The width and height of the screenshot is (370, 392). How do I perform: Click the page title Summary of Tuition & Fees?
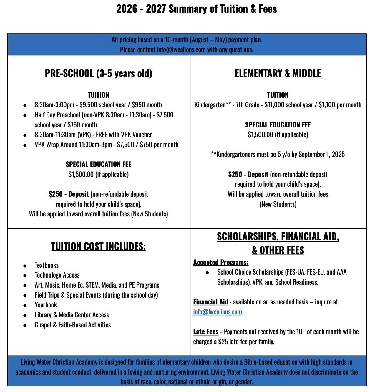pyautogui.click(x=196, y=9)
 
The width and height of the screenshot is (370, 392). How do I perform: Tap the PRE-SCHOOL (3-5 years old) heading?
pyautogui.click(x=98, y=73)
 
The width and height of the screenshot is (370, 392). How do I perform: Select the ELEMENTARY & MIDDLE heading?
pyautogui.click(x=278, y=73)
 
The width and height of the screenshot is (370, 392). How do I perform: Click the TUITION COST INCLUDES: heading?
pyautogui.click(x=98, y=246)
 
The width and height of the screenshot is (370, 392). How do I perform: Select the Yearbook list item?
pyautogui.click(x=46, y=305)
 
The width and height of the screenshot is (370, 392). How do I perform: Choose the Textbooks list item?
pyautogui.click(x=47, y=265)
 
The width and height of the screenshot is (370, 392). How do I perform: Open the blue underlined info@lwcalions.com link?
pyautogui.click(x=218, y=312)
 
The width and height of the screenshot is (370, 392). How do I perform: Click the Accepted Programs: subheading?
pyautogui.click(x=221, y=262)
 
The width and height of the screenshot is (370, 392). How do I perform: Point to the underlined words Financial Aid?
pyautogui.click(x=210, y=302)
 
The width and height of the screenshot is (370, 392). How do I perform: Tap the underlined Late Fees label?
pyautogui.click(x=206, y=332)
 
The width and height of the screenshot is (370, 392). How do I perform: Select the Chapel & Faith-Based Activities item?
pyautogui.click(x=73, y=325)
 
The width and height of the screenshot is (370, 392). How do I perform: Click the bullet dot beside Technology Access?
pyautogui.click(x=25, y=275)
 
